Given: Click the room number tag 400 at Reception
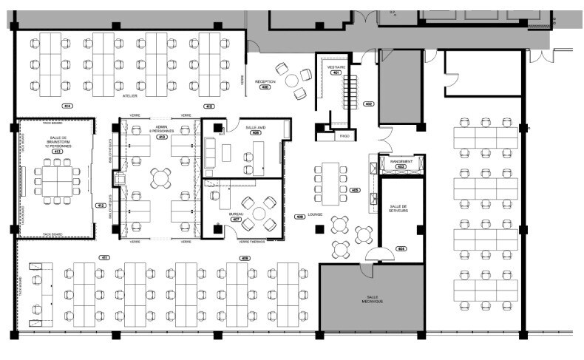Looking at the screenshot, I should (x=265, y=87).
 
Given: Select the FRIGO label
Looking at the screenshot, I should (x=344, y=136).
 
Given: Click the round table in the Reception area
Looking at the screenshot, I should (x=292, y=79).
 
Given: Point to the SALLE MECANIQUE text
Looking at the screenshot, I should (x=371, y=299).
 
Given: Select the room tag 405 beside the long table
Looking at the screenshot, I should (x=356, y=190).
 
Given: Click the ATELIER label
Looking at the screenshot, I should (x=129, y=96).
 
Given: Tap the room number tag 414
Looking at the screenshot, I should (x=67, y=106).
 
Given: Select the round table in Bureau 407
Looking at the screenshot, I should (x=259, y=213).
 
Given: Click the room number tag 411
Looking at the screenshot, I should (x=104, y=257).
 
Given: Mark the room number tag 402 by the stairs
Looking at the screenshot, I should (x=369, y=103).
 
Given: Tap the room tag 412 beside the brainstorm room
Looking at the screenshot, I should (x=101, y=205).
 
